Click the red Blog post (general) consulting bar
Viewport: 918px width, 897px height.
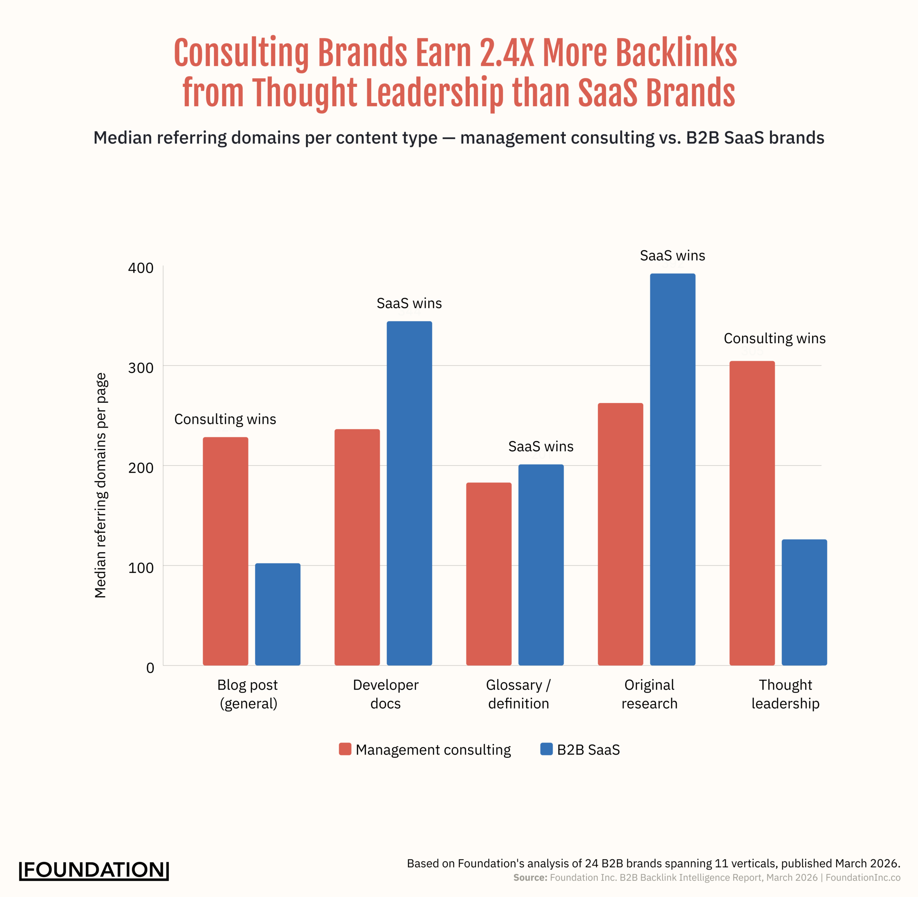pos(226,551)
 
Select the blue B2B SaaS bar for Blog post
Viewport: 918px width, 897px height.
pos(278,615)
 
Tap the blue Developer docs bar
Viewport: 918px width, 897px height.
pos(409,493)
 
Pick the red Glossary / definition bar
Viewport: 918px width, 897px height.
pos(489,574)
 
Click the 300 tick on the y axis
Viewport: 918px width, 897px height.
pos(141,368)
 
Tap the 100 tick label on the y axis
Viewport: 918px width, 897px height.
pos(141,568)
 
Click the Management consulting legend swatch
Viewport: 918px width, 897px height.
pos(345,749)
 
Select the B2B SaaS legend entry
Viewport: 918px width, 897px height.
pos(580,749)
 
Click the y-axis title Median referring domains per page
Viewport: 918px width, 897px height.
pos(101,485)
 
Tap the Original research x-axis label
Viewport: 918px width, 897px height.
pos(649,694)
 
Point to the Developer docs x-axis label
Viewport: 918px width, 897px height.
pos(385,694)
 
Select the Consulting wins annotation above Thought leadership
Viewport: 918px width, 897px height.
pos(775,338)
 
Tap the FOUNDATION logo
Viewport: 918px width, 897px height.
pos(94,870)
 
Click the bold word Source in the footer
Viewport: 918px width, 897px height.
pos(530,878)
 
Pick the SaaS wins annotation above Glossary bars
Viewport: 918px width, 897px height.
pos(541,446)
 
